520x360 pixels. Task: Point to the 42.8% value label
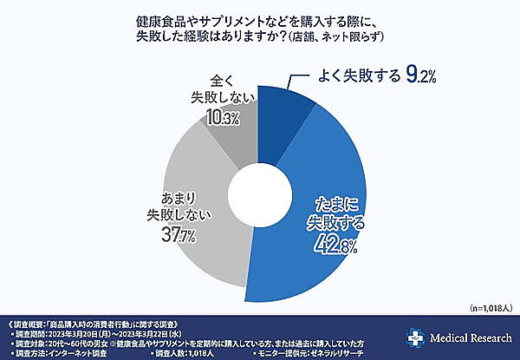tap(331, 250)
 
